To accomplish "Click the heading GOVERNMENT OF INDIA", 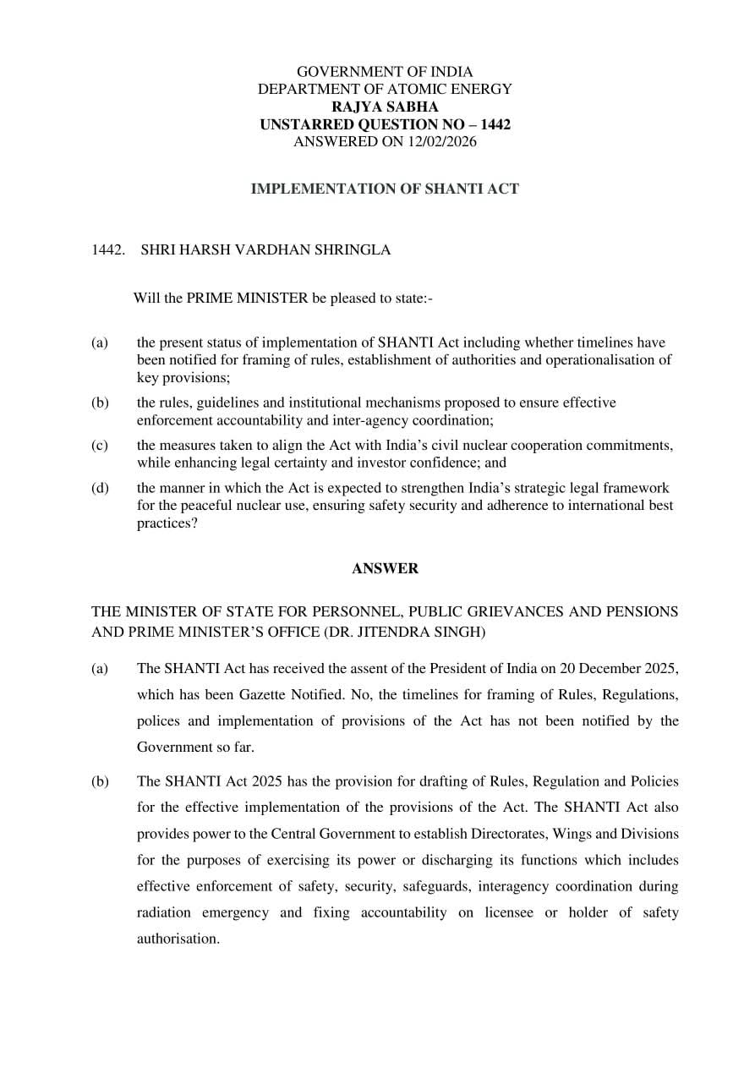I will click(385, 72).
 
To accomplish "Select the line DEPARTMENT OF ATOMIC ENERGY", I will click(385, 89).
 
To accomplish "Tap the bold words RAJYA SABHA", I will click(385, 107).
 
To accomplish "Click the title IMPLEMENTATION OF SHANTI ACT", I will click(385, 189).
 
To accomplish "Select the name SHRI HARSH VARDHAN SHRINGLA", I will click(265, 250).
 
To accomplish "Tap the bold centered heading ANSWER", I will click(385, 568).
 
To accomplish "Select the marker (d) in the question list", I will click(100, 488).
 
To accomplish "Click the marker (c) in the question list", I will click(100, 445).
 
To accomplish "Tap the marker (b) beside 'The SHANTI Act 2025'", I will click(100, 781).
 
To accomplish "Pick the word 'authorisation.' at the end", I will click(178, 939).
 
